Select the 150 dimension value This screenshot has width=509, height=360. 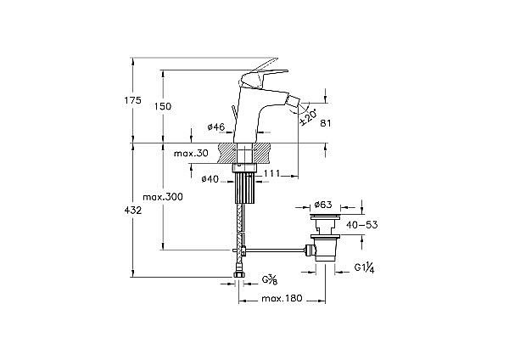pyautogui.click(x=164, y=106)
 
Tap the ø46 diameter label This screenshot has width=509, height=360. pyautogui.click(x=216, y=127)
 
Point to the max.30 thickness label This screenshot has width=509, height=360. pyautogui.click(x=191, y=154)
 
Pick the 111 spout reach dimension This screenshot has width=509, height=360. pyautogui.click(x=271, y=174)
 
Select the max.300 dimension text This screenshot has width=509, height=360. pyautogui.click(x=163, y=197)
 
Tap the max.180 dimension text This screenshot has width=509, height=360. pyautogui.click(x=282, y=300)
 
